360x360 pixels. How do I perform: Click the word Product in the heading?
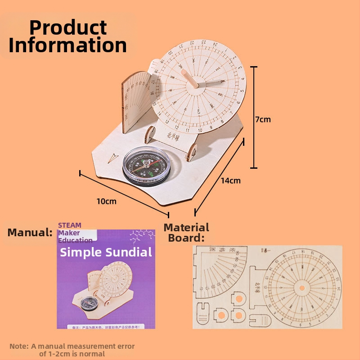[x=68, y=28]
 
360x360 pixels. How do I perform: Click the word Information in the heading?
[x=68, y=45]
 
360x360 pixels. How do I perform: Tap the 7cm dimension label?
[x=263, y=119]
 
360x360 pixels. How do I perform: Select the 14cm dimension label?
[x=230, y=180]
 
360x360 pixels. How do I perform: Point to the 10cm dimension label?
[x=106, y=201]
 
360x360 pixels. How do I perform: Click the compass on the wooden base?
[x=146, y=166]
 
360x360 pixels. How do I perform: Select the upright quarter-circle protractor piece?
[x=136, y=101]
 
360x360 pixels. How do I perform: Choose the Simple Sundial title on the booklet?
[x=106, y=252]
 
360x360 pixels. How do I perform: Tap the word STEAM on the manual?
[x=70, y=225]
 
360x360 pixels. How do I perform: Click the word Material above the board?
[x=186, y=227]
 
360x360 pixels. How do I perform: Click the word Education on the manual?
[x=75, y=240]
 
